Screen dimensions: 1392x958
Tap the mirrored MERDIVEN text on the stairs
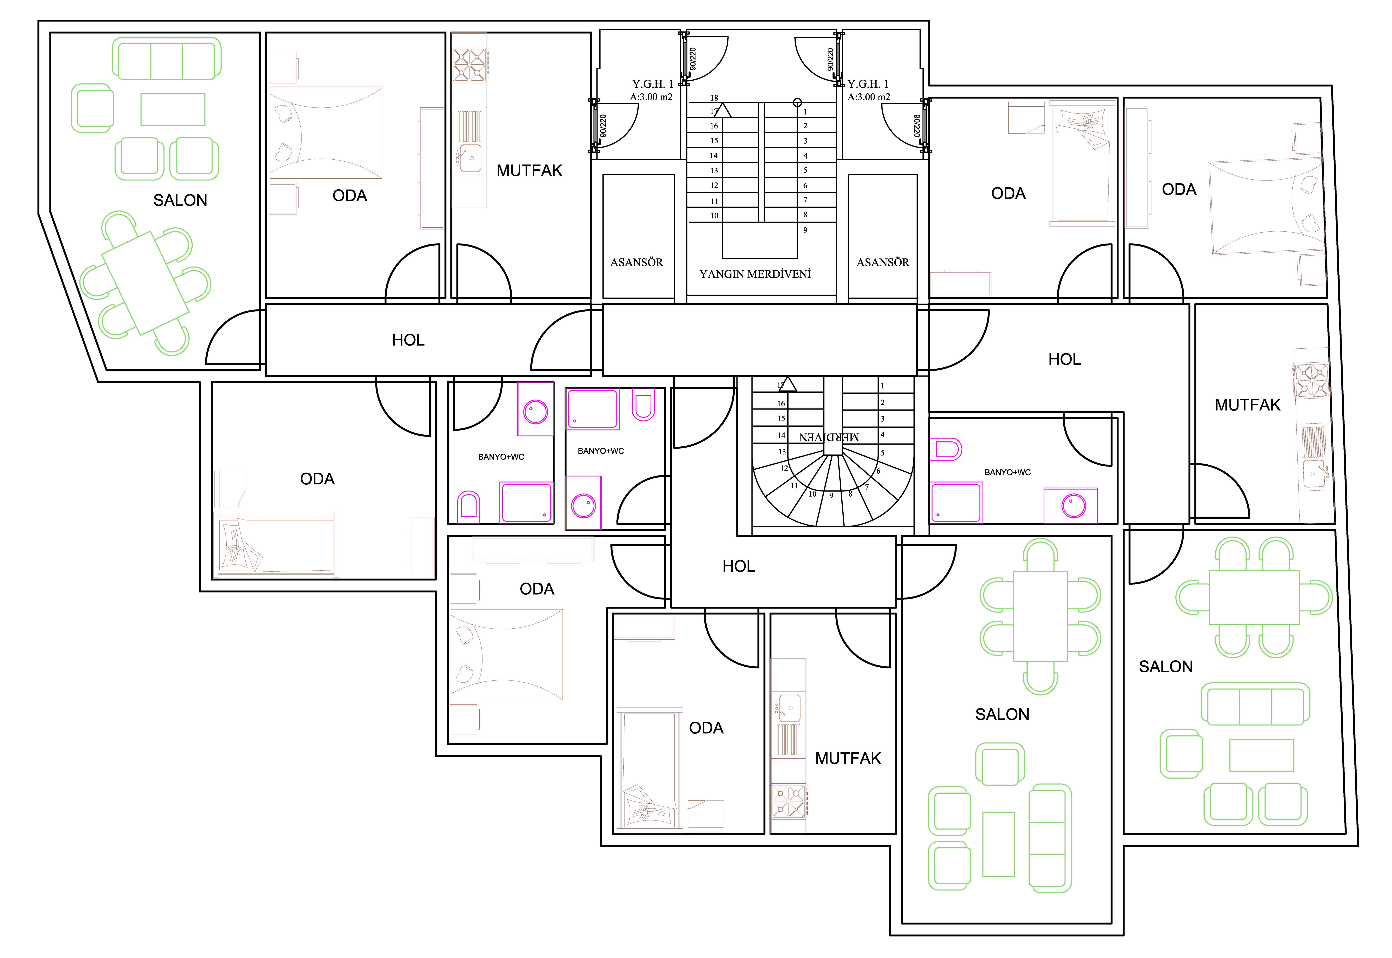click(829, 437)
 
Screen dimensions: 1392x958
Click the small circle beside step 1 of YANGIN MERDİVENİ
click(797, 103)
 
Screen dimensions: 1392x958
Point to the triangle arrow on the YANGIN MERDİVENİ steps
click(723, 110)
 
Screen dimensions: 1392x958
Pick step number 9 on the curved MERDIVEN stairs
click(831, 496)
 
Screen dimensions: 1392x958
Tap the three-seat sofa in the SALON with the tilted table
click(167, 58)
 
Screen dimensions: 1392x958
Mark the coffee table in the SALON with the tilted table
click(173, 110)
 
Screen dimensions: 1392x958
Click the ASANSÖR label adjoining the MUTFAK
click(637, 262)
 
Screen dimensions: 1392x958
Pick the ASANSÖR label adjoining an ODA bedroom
click(883, 262)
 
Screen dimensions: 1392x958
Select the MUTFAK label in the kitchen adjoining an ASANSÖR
click(529, 171)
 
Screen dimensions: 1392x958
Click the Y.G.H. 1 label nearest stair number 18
click(652, 84)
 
